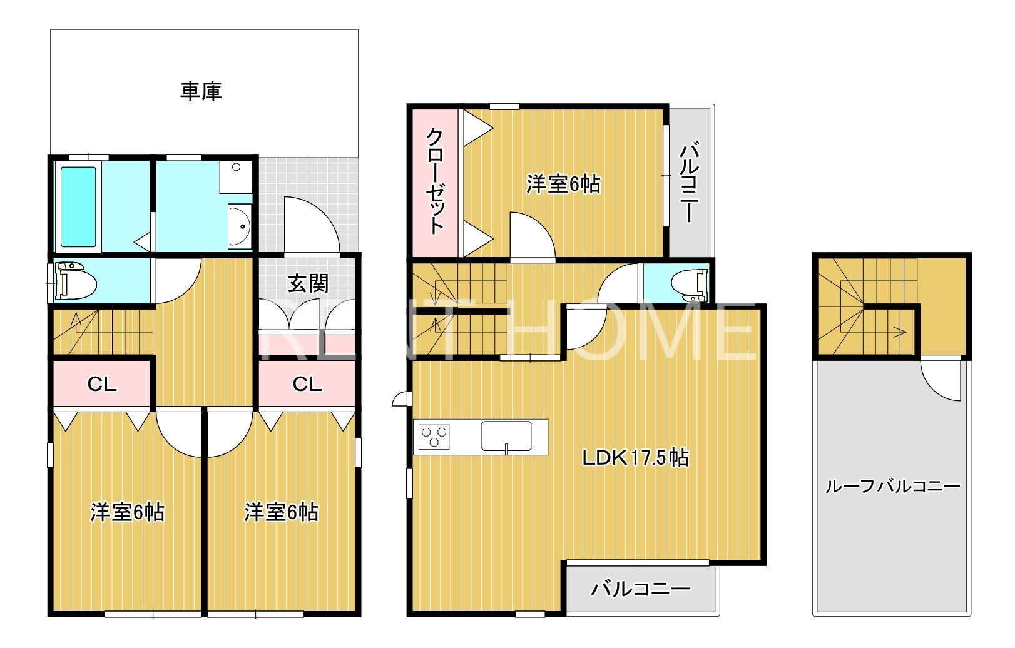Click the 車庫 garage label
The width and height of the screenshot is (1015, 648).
pos(201,91)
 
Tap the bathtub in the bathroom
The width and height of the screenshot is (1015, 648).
pos(78,206)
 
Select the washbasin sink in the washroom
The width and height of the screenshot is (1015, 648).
pos(239,226)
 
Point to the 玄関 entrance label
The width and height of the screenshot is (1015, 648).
pos(308,283)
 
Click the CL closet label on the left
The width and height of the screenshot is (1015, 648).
pos(101,383)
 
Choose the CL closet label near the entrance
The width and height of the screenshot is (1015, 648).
pos(307,383)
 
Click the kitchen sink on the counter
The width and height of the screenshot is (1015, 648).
pos(506,436)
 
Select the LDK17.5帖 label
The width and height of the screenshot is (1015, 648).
pos(635,458)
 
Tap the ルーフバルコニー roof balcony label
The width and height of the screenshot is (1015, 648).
pos(892,486)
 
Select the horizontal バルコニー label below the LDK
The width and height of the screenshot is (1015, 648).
pos(641,589)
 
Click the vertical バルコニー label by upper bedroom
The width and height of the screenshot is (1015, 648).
pos(689,183)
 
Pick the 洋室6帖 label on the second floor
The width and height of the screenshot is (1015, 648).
pos(563,184)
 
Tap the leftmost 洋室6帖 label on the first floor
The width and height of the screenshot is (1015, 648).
pos(127,512)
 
